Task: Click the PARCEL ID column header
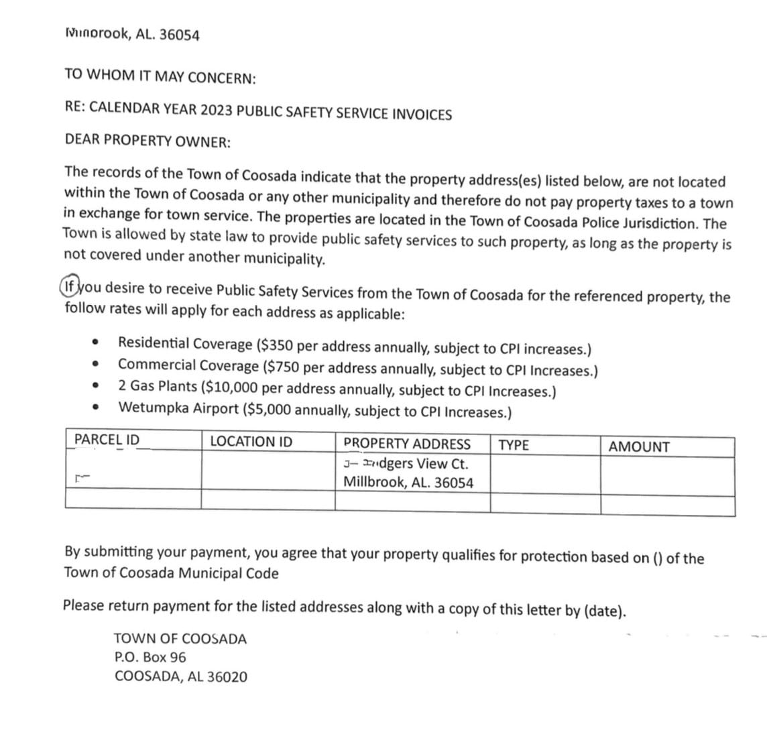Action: click(107, 440)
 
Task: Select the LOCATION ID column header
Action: click(251, 442)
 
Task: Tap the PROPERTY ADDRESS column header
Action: click(407, 444)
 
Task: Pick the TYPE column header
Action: click(514, 445)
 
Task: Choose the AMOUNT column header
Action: click(638, 447)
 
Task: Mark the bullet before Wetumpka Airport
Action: click(98, 407)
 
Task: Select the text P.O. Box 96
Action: click(151, 658)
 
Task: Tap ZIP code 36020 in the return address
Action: click(226, 677)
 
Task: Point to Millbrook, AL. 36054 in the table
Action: click(408, 482)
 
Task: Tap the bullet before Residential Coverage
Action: click(98, 343)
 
